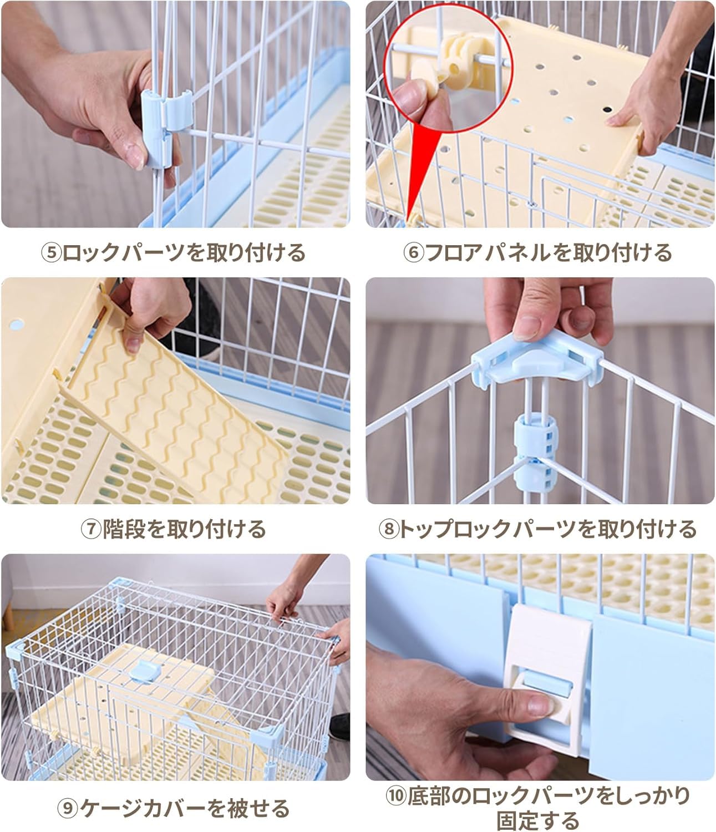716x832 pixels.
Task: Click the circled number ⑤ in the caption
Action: (51, 253)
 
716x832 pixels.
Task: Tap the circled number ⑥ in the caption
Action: (413, 253)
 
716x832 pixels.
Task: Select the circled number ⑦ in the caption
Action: (91, 529)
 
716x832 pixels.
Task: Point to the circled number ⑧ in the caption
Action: (388, 529)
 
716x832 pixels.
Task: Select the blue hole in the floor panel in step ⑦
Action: (17, 323)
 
